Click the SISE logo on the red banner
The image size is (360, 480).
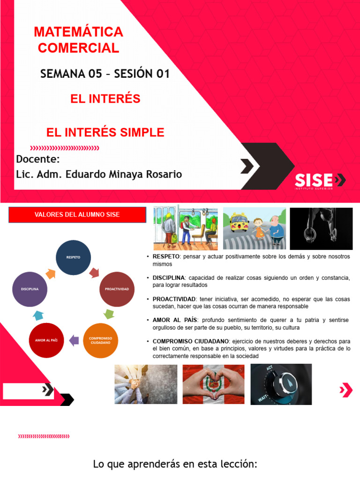tap(320, 180)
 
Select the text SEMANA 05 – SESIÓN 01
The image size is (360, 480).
tap(105, 74)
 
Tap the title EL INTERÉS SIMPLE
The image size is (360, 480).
tap(105, 133)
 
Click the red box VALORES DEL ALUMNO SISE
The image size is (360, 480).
tap(77, 215)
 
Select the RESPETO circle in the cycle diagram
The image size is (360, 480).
tap(74, 258)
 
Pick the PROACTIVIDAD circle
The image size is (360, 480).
tap(117, 289)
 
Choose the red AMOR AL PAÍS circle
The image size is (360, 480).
tap(46, 340)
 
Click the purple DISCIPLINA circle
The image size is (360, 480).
tap(30, 289)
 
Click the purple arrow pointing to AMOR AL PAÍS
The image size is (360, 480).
tap(74, 340)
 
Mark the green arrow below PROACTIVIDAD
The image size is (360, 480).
tap(109, 314)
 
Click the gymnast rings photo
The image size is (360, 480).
tap(321, 229)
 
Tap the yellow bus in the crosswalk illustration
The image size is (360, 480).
tap(239, 221)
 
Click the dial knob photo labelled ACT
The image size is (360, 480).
tap(281, 384)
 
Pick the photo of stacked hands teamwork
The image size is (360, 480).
tap(146, 384)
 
